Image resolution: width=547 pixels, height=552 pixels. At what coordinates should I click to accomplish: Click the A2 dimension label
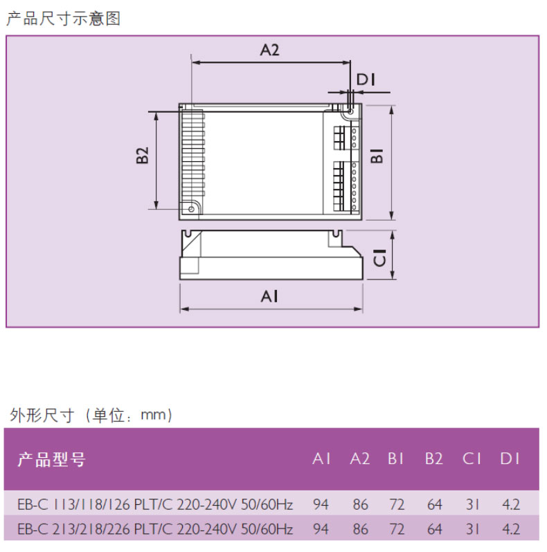tap(269, 50)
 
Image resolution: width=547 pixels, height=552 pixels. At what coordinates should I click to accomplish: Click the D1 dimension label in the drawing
tap(366, 80)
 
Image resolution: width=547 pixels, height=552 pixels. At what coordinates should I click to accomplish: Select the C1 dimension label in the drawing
tap(380, 258)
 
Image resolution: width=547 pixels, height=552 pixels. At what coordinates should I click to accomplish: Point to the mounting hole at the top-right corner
tap(350, 110)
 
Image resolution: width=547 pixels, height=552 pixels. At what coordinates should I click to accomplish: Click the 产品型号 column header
tap(51, 459)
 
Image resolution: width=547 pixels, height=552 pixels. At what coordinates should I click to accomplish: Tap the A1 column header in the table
tap(321, 459)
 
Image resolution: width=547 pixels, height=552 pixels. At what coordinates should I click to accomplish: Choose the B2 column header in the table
tap(434, 459)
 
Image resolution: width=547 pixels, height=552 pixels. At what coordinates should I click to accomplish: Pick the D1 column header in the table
tap(510, 459)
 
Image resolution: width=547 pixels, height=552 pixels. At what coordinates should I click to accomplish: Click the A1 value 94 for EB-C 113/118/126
tap(321, 504)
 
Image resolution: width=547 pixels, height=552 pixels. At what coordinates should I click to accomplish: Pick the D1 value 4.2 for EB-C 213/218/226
tap(510, 530)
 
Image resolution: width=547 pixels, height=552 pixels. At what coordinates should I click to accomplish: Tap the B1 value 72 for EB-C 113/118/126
tap(397, 504)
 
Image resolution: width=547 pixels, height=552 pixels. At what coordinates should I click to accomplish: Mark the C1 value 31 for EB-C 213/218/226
tap(472, 530)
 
